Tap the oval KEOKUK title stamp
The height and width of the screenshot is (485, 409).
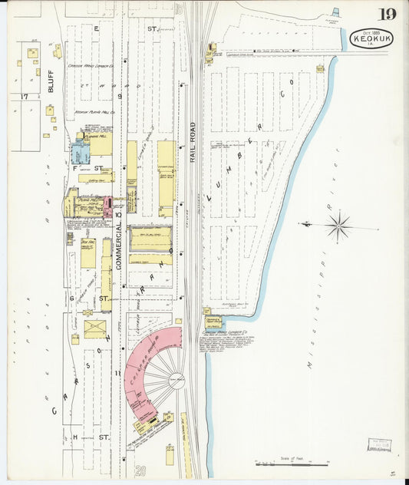click(371, 39)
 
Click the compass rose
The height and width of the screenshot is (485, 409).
click(337, 226)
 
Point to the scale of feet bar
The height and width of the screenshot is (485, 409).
click(292, 464)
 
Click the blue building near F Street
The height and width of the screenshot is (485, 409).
click(80, 151)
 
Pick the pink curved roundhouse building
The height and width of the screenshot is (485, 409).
click(150, 361)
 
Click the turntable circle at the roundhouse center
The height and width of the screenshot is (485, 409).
click(177, 380)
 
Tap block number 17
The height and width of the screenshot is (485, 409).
click(25, 96)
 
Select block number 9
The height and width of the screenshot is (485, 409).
click(120, 96)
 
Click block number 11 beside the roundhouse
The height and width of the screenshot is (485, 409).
click(118, 373)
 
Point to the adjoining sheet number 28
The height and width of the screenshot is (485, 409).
click(140, 470)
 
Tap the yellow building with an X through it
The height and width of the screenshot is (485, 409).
click(95, 329)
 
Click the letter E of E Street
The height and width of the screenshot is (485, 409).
click(97, 28)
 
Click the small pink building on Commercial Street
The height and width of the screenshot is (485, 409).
click(107, 206)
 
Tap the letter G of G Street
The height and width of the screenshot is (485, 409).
click(72, 298)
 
